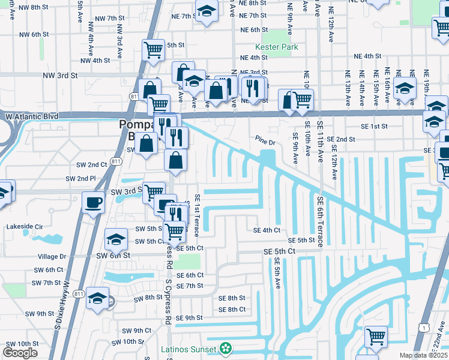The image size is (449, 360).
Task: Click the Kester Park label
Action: click(x=272, y=46)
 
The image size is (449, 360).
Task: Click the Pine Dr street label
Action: click(x=264, y=142)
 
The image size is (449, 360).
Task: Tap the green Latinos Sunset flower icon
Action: click(x=226, y=348)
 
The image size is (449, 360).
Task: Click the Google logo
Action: click(x=20, y=353)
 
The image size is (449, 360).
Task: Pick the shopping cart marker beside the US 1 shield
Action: click(x=376, y=336)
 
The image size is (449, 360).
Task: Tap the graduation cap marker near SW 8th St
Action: click(x=97, y=298)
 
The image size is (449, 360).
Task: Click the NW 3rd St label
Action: click(x=60, y=76)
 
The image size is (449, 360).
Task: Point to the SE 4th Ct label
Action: click(x=267, y=230)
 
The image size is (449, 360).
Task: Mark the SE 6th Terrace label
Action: click(x=321, y=222)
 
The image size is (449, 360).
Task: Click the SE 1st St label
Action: click(x=375, y=127)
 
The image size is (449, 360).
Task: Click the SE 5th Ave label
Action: click(x=278, y=273)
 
